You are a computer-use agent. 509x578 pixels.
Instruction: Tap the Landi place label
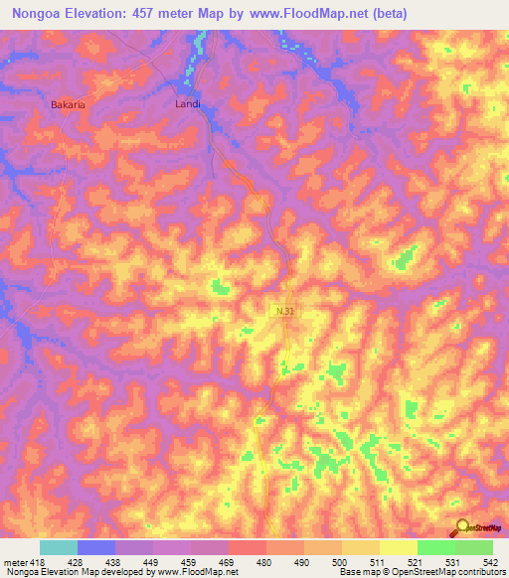click(188, 102)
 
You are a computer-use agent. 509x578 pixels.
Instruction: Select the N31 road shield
click(284, 311)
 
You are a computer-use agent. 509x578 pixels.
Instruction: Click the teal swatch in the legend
click(59, 547)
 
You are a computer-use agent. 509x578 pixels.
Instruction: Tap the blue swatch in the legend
click(96, 547)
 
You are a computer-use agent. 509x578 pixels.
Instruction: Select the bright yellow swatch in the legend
click(398, 547)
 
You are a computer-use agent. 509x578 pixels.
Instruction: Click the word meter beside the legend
click(12, 561)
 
